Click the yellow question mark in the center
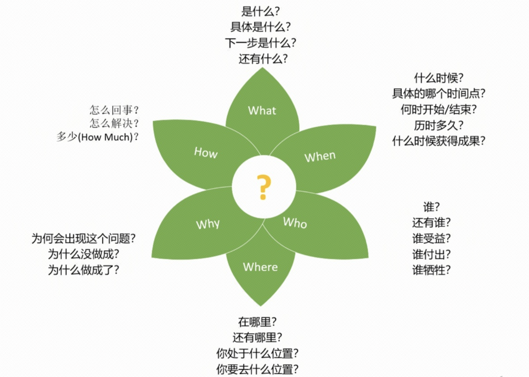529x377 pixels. pos(264,187)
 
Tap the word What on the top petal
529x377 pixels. pos(262,111)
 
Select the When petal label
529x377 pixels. pos(320,157)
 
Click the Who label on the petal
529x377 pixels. pos(295,223)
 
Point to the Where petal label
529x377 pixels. pos(260,267)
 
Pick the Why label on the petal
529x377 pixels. pos(208,224)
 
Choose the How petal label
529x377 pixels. pos(206,153)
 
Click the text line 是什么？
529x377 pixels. pos(261,11)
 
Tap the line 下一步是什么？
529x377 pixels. pos(261,43)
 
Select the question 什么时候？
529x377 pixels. pos(439,78)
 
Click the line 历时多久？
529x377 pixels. pos(439,125)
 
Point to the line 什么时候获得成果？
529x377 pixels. pos(439,141)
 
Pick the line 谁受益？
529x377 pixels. pos(431,238)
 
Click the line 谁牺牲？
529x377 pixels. pos(431,270)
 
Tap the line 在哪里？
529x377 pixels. pos(258,322)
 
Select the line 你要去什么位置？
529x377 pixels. pos(258,369)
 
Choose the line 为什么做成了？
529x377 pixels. pos(83,270)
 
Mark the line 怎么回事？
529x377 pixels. pos(114,110)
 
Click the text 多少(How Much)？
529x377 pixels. pos(97,137)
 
